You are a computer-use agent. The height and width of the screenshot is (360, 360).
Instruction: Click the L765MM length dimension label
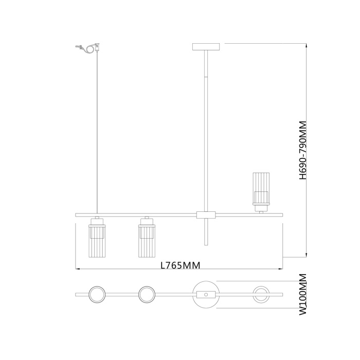coord(179,265)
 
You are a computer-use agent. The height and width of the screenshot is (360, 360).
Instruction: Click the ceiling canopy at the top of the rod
coord(206,47)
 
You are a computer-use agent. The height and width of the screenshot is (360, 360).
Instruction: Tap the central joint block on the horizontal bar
coord(206,214)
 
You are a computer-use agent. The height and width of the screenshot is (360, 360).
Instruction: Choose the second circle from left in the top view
coord(147,295)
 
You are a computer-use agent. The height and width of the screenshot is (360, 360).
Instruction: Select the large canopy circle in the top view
coord(206,295)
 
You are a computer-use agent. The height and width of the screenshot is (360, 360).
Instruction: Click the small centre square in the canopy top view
coord(206,295)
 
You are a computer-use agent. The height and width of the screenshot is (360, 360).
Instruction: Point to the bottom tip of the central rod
coord(206,246)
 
